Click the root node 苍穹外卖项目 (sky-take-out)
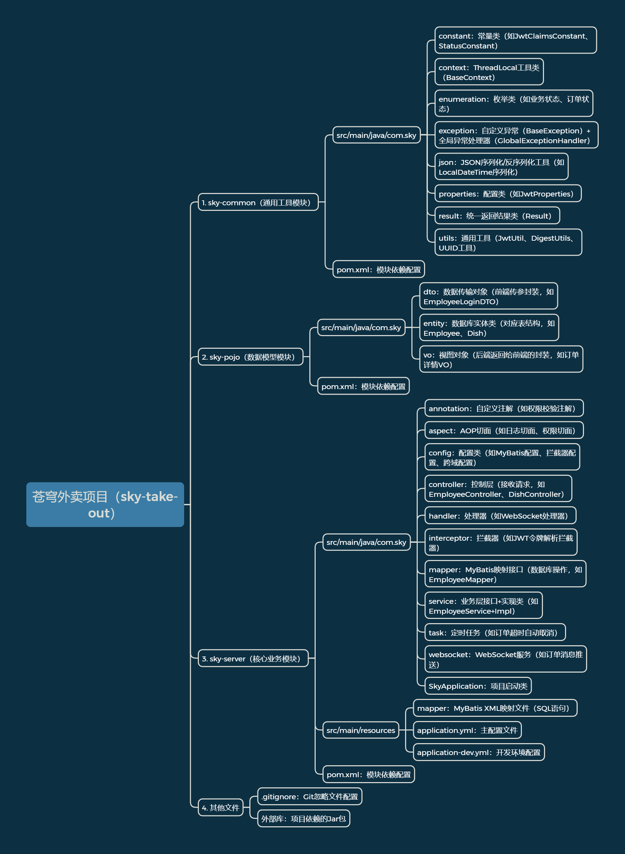coord(105,505)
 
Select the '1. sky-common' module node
coord(258,202)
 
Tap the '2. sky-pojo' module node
coord(250,357)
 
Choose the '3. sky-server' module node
coord(253,658)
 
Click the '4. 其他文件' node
coord(220,807)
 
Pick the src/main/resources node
coord(360,730)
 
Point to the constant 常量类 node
coord(515,40)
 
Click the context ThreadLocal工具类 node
coord(489,72)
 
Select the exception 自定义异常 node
coord(516,135)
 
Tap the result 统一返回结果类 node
coord(497,216)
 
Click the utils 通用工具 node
coord(508,242)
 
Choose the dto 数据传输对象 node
coord(488,296)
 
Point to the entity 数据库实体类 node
coord(489,328)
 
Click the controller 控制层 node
coord(498,489)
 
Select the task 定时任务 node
coord(495,632)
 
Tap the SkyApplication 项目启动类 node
coord(478,686)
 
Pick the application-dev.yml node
coord(479,752)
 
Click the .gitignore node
coord(309,796)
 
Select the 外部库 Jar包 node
coord(303,819)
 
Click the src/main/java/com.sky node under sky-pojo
coord(361,327)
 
